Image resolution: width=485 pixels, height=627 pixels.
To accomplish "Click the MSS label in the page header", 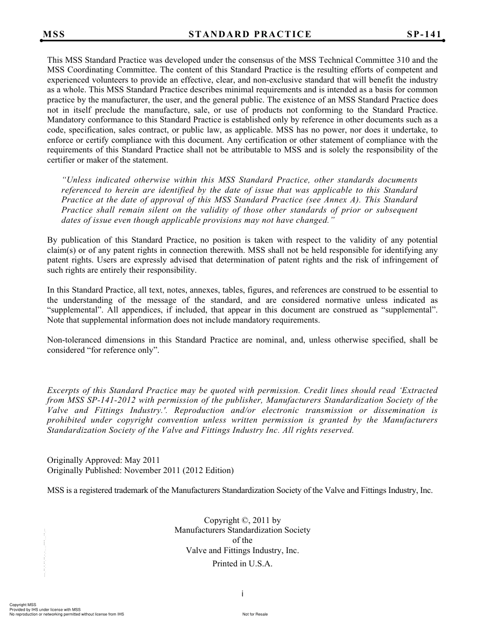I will click(54, 35).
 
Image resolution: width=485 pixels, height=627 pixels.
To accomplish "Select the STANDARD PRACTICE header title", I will click(250, 35).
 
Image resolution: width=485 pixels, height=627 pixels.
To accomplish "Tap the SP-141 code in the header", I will click(424, 35).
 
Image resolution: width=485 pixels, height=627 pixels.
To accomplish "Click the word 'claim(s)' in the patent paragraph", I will click(62, 250).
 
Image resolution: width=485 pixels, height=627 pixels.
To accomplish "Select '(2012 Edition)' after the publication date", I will click(209, 470).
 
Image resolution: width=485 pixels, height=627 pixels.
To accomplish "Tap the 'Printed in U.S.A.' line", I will click(243, 564).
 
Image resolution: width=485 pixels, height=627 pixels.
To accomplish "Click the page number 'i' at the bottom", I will click(243, 593).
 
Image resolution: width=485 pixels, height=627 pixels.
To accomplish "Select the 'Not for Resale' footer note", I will click(255, 614).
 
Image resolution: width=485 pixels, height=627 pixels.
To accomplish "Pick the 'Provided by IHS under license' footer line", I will click(45, 610).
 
